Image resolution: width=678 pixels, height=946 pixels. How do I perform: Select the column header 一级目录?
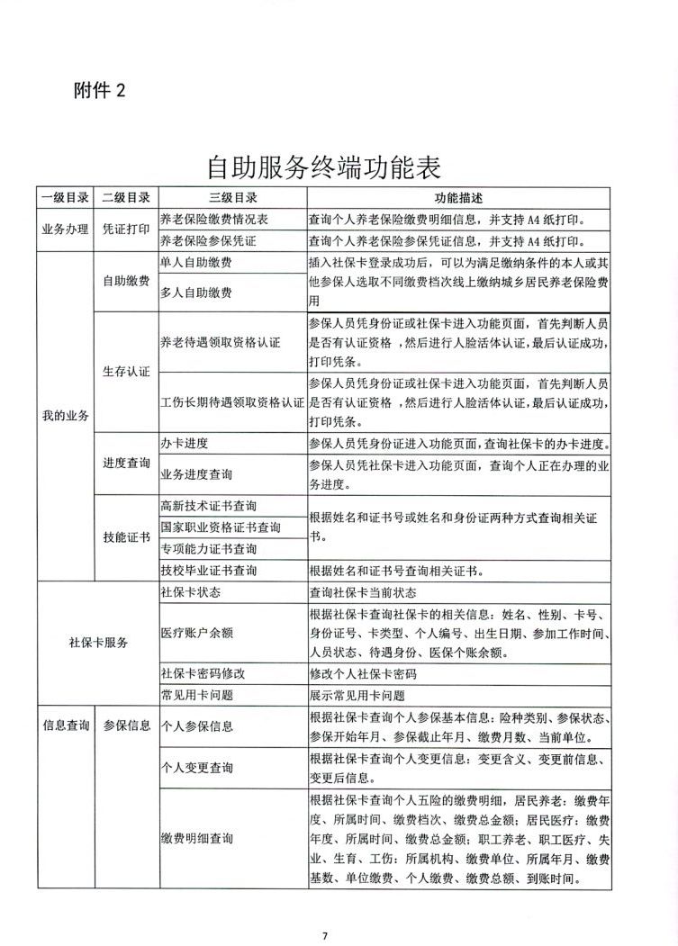64,198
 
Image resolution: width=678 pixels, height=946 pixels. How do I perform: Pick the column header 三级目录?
232,198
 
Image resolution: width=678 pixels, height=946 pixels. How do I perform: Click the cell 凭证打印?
125,229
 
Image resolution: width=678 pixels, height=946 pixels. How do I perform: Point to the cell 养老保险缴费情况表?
213,219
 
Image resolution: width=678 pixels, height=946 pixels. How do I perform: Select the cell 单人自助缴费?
195,262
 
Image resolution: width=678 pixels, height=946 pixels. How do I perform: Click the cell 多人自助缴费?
195,293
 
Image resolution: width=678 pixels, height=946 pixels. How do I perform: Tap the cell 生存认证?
125,371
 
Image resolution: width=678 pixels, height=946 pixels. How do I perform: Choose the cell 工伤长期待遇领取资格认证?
231,401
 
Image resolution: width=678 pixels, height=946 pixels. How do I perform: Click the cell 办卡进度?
184,444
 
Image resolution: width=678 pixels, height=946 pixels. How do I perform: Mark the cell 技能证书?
125,537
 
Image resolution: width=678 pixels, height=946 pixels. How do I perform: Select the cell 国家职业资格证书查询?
220,527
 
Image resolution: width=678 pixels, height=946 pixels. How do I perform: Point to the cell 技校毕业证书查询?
208,571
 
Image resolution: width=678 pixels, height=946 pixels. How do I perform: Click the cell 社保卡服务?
98,643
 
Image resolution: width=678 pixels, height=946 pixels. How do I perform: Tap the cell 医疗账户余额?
195,633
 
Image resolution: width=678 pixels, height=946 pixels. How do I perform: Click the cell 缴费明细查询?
195,838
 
